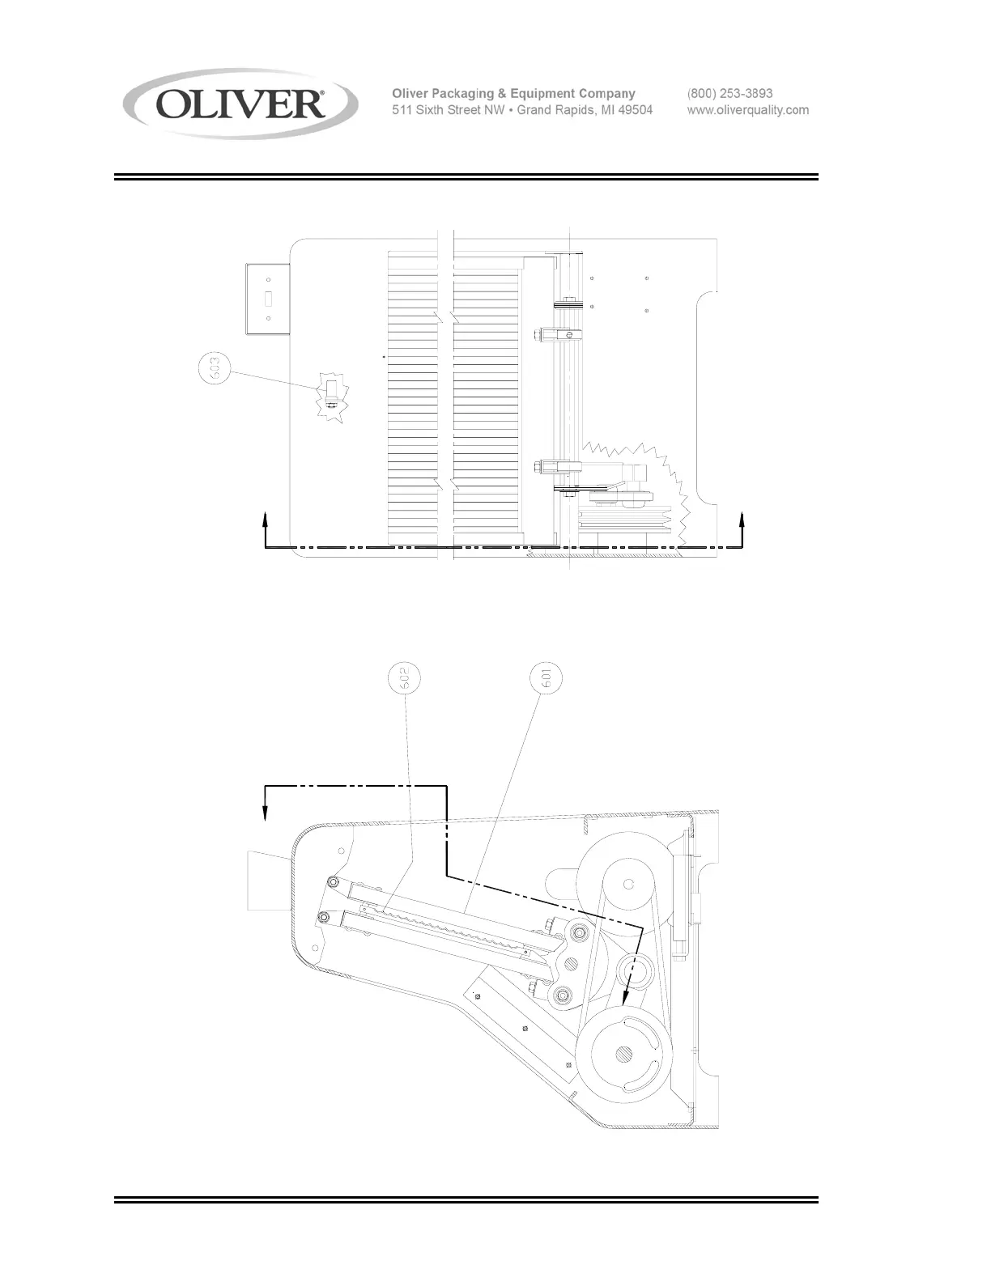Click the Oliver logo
tap(240, 104)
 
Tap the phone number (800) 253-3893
tap(729, 94)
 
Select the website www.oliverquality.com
tap(747, 110)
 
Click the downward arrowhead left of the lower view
tap(266, 813)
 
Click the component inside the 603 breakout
tap(330, 397)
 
